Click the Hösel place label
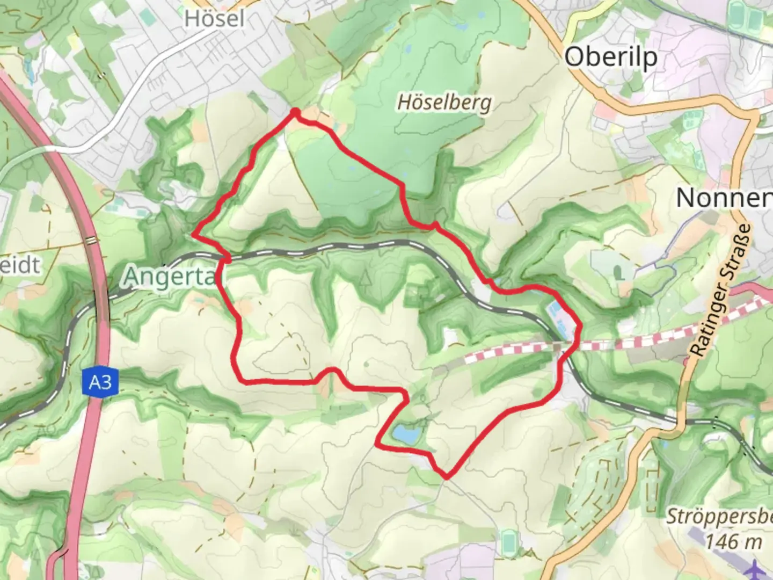214,19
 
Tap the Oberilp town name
611,56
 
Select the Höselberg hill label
444,102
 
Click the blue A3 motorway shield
100,382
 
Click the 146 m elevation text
733,541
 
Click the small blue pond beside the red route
406,433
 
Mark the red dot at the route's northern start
295,112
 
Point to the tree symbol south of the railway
365,278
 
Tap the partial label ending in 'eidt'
20,265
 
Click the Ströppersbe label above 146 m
719,517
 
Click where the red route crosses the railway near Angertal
228,259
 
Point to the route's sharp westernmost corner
193,234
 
